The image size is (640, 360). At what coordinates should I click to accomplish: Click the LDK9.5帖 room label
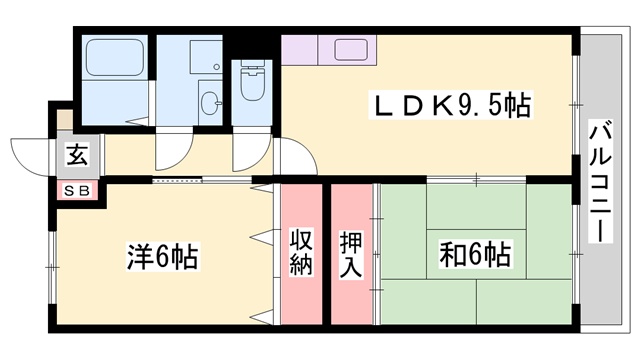click(452, 104)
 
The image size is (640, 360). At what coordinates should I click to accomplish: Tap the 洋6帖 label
click(161, 255)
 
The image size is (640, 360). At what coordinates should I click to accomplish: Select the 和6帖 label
click(475, 255)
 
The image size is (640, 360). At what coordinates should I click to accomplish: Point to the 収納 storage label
click(302, 252)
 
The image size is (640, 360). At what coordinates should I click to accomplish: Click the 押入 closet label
click(352, 252)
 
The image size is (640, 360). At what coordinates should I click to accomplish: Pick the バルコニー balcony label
click(601, 180)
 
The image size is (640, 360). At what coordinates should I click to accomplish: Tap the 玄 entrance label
click(76, 155)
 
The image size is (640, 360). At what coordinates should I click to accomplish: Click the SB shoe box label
click(76, 190)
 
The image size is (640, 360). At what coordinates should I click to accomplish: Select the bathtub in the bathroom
click(114, 61)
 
